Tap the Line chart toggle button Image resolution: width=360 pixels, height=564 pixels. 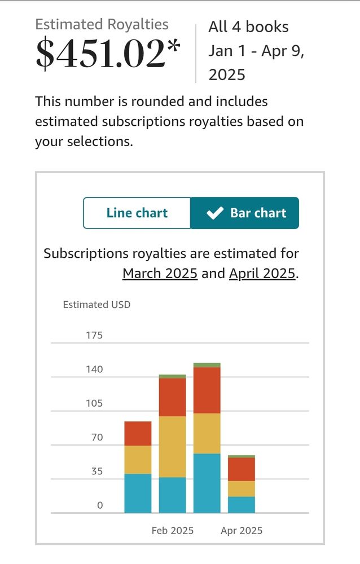tap(137, 213)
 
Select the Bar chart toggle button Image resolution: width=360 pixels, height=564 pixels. tap(245, 213)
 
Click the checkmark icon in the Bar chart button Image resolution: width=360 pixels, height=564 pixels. tap(215, 213)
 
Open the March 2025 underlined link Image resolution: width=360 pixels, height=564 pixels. tap(160, 274)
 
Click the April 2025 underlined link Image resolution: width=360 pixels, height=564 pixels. tap(262, 274)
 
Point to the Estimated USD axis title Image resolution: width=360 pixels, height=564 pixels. tap(96, 305)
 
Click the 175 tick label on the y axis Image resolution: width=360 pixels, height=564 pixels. tap(94, 335)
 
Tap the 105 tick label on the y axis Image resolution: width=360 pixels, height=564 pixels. tap(94, 403)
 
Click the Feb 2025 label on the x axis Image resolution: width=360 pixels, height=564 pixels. tap(172, 531)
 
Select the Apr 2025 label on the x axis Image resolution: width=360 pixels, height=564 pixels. tap(242, 531)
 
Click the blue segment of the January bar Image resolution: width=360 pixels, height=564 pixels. tap(138, 493)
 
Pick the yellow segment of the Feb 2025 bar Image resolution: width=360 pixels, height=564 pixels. tap(172, 447)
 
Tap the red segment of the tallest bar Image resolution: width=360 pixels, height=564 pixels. tap(207, 390)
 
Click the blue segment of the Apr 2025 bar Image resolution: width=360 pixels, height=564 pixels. tap(242, 505)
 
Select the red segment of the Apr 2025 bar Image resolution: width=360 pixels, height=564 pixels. tap(242, 469)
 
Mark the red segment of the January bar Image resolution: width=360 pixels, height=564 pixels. tap(138, 434)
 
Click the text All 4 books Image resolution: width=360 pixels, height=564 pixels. tap(248, 27)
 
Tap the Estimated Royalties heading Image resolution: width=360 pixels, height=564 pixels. tap(102, 24)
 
